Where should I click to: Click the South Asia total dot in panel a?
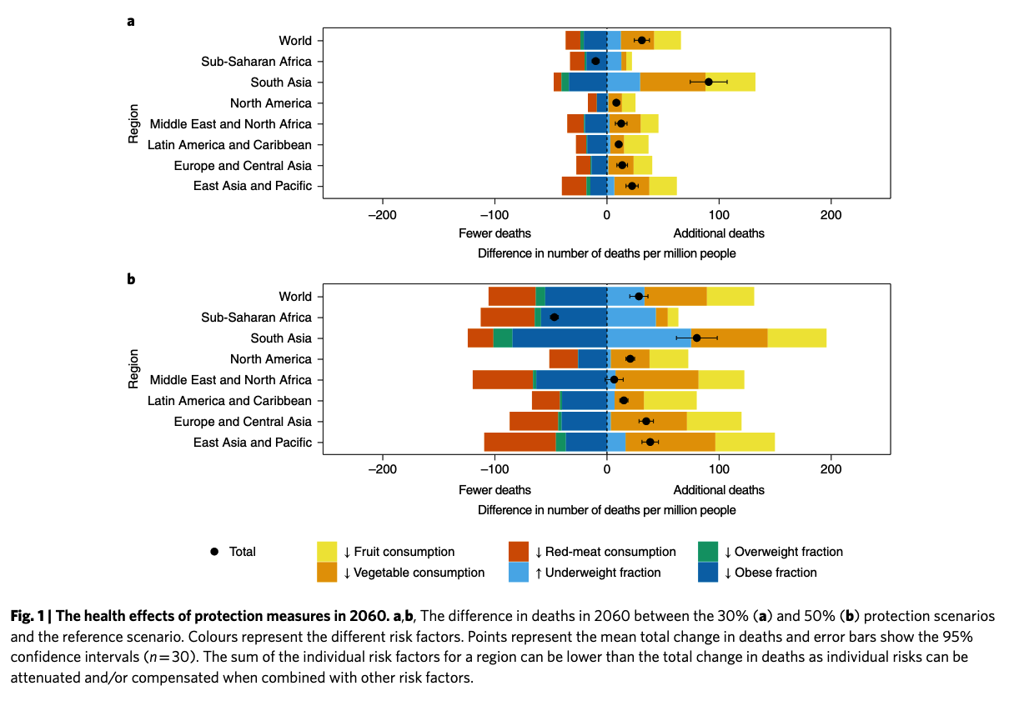coord(709,82)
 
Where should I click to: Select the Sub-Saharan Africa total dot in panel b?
coord(554,318)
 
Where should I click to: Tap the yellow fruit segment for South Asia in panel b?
coord(796,338)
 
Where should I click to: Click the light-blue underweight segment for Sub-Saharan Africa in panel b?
coord(631,318)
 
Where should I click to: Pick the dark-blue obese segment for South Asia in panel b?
coord(559,338)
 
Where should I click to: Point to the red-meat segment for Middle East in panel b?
coord(502,380)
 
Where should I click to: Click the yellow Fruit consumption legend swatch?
coord(327,552)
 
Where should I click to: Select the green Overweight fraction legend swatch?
coord(707,552)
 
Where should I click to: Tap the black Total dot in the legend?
coord(214,552)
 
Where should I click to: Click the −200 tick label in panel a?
coord(383,214)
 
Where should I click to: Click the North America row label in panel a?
coord(270,103)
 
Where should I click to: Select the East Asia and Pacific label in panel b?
coord(252,443)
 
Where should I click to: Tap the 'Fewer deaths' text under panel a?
coord(494,233)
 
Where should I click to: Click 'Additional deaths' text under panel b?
coord(719,489)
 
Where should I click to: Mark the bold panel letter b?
coord(131,279)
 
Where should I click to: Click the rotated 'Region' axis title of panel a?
coord(133,123)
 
